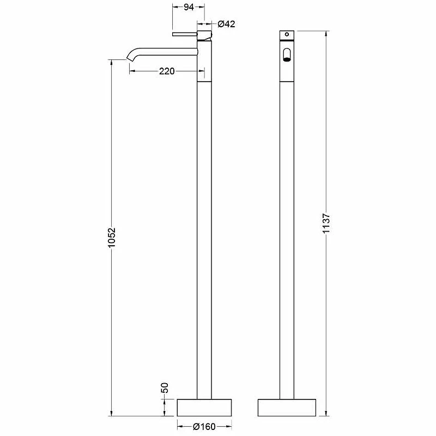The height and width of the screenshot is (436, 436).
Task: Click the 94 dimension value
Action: pyautogui.click(x=189, y=7)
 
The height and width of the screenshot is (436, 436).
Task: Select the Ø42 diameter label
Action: pyautogui.click(x=226, y=24)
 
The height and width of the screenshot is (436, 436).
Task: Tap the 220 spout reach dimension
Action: pyautogui.click(x=167, y=71)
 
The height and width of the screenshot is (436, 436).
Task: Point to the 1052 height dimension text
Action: pyautogui.click(x=112, y=238)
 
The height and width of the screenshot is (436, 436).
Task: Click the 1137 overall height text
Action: pyautogui.click(x=326, y=223)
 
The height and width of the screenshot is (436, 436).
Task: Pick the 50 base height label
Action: pyautogui.click(x=165, y=387)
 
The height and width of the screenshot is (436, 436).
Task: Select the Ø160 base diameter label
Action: pyautogui.click(x=204, y=427)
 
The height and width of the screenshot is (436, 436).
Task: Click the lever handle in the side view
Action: pyautogui.click(x=185, y=34)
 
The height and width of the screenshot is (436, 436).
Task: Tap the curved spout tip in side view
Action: pyautogui.click(x=130, y=58)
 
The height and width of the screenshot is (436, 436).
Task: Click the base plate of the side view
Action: pyautogui.click(x=204, y=408)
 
